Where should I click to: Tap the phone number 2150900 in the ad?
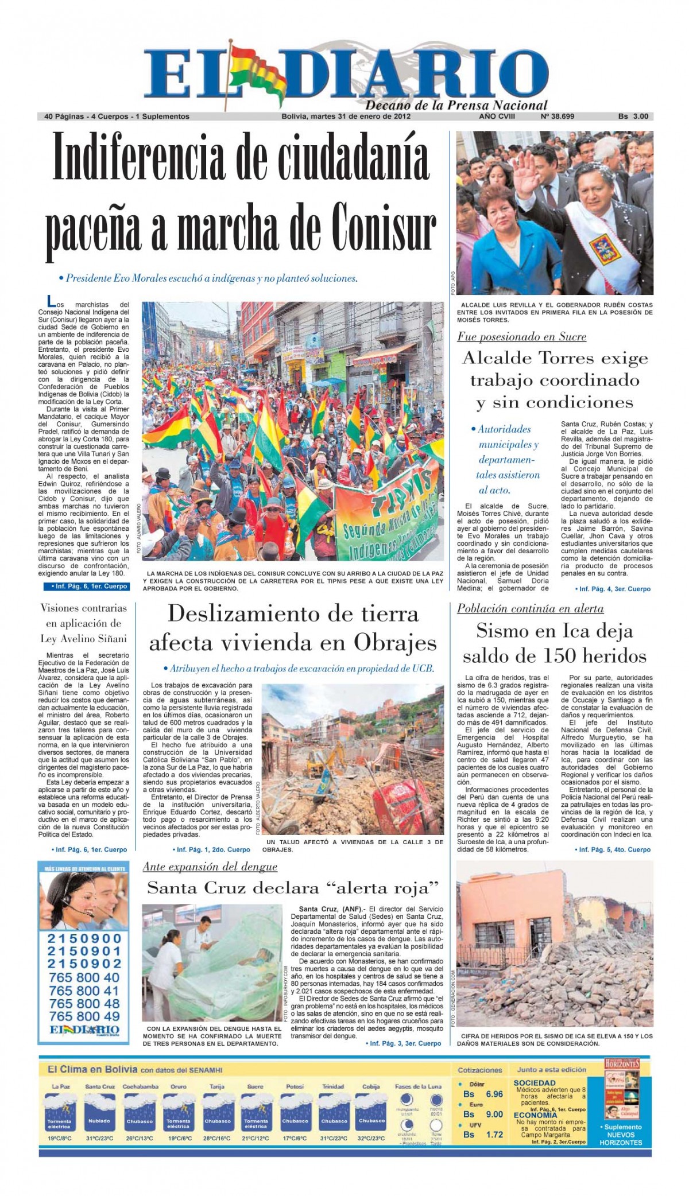84,939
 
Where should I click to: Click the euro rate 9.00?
494,1114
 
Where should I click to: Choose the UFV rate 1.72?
494,1134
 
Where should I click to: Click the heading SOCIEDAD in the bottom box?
535,1082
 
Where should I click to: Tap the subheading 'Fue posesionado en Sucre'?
521,337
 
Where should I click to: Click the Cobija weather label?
371,1086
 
